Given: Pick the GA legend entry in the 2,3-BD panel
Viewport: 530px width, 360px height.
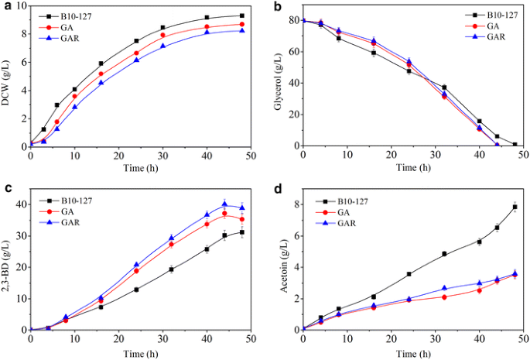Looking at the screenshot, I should click(75, 211).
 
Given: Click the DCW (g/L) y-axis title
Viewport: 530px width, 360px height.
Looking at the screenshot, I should click(8, 76).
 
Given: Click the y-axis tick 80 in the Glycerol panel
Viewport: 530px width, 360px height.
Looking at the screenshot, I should click(291, 21).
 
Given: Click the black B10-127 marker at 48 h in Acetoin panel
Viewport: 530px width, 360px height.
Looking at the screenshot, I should click(515, 207).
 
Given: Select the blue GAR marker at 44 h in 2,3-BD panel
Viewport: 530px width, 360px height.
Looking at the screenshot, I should click(224, 204).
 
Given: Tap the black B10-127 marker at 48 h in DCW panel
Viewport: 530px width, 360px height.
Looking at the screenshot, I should click(241, 15).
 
